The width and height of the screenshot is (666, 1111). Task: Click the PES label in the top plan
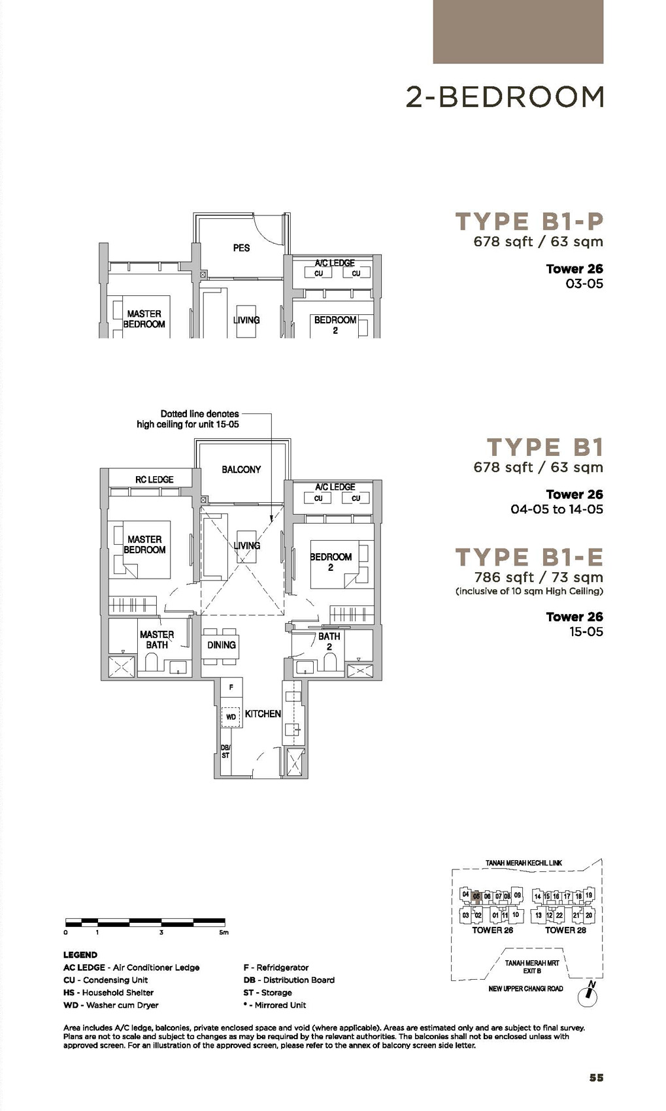tap(241, 248)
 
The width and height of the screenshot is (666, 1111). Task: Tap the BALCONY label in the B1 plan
tap(241, 470)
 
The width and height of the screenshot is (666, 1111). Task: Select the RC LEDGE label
tap(154, 479)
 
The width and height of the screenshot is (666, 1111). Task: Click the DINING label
tap(222, 645)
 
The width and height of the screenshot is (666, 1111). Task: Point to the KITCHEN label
tap(263, 714)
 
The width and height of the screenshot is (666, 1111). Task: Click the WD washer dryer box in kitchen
tap(231, 717)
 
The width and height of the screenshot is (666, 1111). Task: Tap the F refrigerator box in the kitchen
tap(231, 688)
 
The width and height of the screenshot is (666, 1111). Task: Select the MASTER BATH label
tap(157, 639)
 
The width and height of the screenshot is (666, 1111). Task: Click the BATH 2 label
tap(329, 641)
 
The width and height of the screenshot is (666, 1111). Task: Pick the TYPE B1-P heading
tap(529, 222)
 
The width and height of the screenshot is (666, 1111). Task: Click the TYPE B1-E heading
tap(529, 557)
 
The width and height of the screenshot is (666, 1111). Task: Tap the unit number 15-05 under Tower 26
tap(585, 632)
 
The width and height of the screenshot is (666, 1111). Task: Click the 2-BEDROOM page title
tap(505, 97)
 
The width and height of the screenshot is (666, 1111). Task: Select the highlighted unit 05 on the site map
tap(476, 897)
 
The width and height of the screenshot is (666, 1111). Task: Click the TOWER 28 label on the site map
tap(566, 930)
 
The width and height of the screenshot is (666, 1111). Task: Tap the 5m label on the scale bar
tap(224, 933)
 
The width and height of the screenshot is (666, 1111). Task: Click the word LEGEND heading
tap(80, 955)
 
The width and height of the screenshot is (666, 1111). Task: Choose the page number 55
tap(596, 1078)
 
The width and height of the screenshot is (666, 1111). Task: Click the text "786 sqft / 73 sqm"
tap(539, 577)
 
